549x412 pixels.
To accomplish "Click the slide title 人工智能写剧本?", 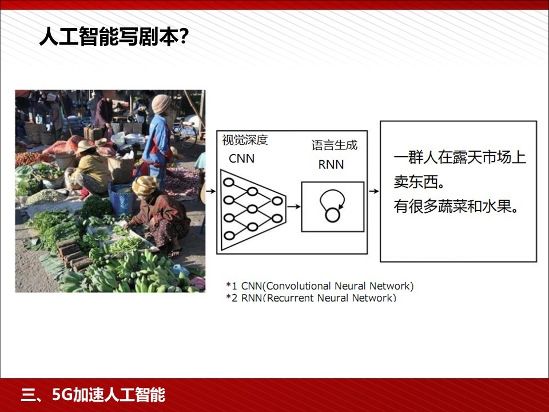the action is pos(114,36).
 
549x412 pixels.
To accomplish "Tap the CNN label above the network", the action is pos(241,159).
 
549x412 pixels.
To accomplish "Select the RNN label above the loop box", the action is pos(331,165).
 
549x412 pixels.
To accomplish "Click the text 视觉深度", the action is pos(245,140).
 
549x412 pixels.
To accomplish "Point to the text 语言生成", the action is pos(335,145).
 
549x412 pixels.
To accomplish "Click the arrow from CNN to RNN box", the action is pos(294,207).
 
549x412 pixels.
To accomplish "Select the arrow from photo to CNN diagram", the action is pos(211,191).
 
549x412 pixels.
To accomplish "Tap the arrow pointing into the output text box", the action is pos(374,191).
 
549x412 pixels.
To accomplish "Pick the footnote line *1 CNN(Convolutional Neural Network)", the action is pos(320,286).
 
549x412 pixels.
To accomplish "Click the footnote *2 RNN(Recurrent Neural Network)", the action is pos(311,298).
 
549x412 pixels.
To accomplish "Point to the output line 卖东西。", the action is pos(419,182).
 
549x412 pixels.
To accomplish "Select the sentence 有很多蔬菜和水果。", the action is pos(456,206).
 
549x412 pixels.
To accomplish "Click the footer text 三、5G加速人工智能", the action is pos(93,395).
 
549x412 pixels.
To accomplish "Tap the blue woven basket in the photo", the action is pos(121,200).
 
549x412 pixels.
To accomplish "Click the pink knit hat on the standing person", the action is pos(161,104).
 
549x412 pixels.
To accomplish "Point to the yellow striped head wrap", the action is pos(145,185).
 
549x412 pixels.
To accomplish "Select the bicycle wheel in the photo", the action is pos(185,135).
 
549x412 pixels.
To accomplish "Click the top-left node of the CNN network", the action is pos(229,182).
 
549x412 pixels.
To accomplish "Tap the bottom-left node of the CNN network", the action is pos(229,235).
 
